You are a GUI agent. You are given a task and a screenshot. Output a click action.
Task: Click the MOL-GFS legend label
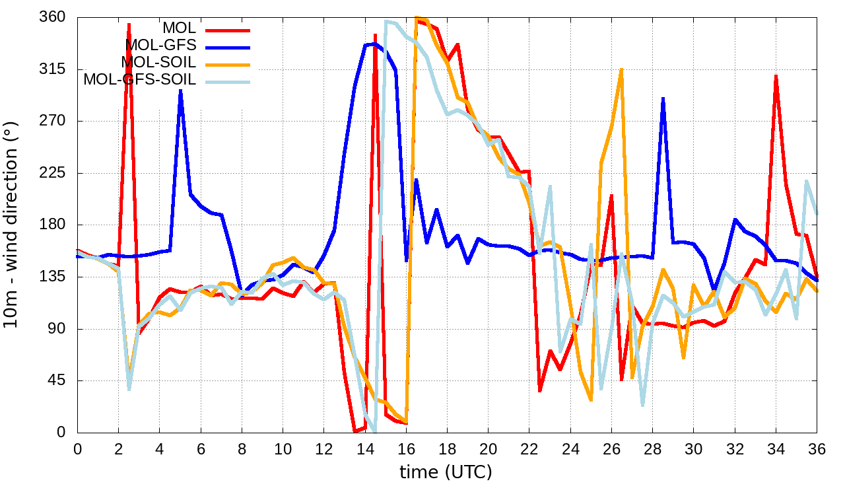[x=160, y=45]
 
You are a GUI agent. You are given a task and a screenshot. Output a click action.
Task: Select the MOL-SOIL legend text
[x=158, y=62]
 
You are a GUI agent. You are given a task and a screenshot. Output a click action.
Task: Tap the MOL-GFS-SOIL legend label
[x=139, y=80]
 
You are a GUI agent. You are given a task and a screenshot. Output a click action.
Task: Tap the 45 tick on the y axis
[x=60, y=381]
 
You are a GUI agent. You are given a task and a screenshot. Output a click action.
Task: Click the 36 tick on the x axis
[x=817, y=448]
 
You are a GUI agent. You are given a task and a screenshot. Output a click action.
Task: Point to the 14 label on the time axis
[x=365, y=448]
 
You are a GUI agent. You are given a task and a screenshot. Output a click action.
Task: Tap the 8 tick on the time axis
[x=242, y=448]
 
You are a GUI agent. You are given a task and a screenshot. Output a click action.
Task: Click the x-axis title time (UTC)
[x=446, y=472]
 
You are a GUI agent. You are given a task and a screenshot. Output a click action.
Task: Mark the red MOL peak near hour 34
[x=776, y=77]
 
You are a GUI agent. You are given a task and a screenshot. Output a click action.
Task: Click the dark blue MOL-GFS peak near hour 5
[x=180, y=91]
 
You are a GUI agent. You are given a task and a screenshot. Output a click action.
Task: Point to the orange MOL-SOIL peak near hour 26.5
[x=622, y=69]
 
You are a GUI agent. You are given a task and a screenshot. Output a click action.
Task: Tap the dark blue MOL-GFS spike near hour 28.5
[x=663, y=99]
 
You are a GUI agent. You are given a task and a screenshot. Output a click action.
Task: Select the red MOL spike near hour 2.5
[x=129, y=24]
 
